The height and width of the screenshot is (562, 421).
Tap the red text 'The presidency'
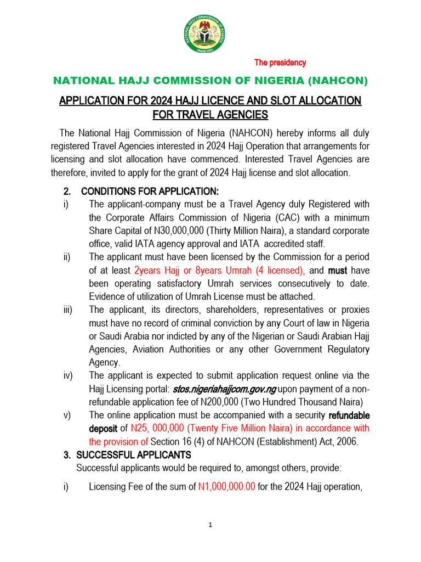pyautogui.click(x=280, y=63)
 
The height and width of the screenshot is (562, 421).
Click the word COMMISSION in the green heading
pyautogui.click(x=183, y=81)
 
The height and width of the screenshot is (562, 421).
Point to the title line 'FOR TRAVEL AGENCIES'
pyautogui.click(x=210, y=115)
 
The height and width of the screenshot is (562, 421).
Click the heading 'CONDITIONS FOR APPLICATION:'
pyautogui.click(x=149, y=191)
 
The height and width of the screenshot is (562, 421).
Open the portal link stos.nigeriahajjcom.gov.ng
pyautogui.click(x=225, y=389)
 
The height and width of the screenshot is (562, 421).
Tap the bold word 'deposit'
pyautogui.click(x=103, y=428)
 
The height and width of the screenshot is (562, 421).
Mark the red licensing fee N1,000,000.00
pyautogui.click(x=226, y=486)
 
